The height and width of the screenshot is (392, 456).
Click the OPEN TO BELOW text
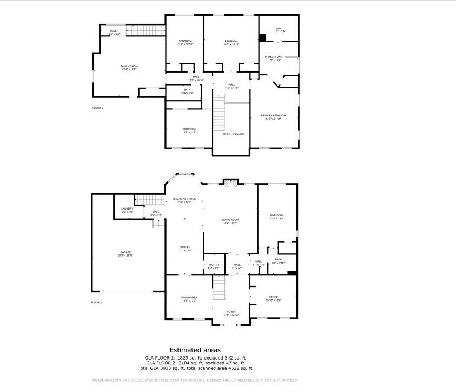tap(234, 133)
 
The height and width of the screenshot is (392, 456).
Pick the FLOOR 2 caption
tap(97, 108)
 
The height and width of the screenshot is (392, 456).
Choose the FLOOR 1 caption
tap(96, 302)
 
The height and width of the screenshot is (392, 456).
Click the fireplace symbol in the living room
tap(230, 183)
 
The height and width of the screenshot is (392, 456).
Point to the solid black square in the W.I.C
tap(262, 38)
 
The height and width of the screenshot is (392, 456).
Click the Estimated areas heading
tap(195, 350)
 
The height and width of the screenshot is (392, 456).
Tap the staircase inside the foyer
tap(218, 288)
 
